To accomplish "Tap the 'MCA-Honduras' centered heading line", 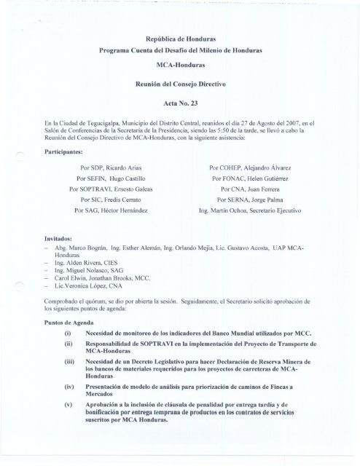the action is (180, 66).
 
